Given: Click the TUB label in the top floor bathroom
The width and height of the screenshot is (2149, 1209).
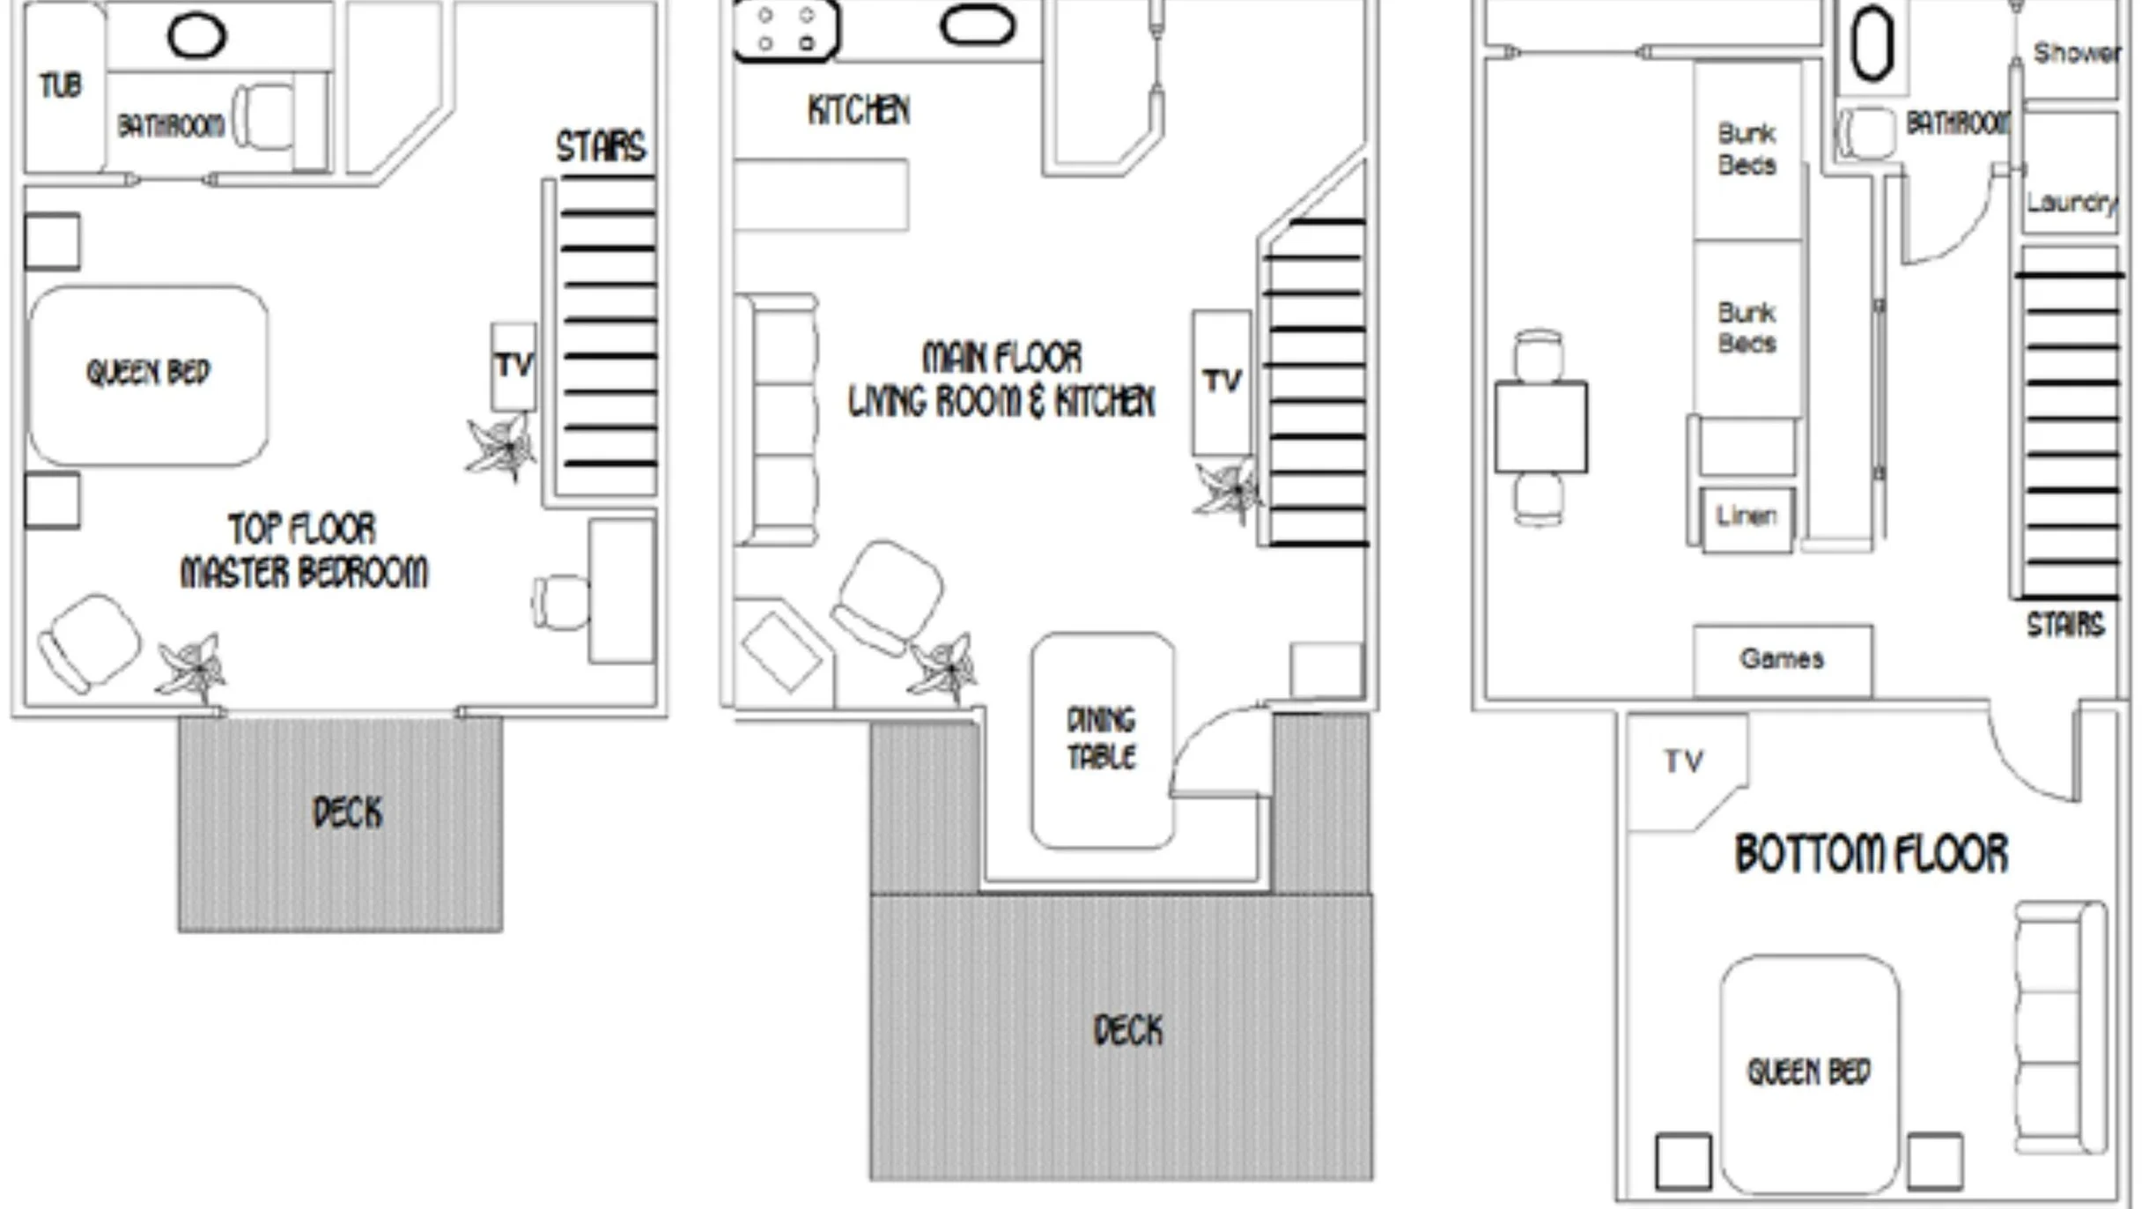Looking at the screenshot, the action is (61, 85).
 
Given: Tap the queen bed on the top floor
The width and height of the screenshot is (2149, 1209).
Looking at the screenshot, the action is (149, 375).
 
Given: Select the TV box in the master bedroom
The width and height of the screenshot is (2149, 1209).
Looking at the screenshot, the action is (513, 367).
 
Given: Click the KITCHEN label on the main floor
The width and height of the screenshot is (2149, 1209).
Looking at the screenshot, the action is (859, 110).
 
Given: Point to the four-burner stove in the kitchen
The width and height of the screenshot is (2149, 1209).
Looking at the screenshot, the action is (786, 30).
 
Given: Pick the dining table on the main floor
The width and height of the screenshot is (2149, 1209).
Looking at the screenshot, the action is (1102, 740).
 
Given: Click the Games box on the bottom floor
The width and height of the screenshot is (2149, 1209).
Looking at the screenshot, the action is (1783, 660).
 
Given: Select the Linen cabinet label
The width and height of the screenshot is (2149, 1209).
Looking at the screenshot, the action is (1746, 516).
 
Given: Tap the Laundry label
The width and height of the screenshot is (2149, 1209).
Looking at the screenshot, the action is (2071, 204).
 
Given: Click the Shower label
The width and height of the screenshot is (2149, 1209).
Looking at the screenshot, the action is (2077, 53).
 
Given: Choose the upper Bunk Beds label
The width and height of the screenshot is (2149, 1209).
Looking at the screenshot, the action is (1747, 149).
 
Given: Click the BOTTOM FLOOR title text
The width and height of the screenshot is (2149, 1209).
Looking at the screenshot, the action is (1872, 854).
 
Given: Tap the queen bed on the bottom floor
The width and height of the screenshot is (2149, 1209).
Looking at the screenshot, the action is (1809, 1073).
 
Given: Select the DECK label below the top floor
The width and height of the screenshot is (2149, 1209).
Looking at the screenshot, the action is (348, 812).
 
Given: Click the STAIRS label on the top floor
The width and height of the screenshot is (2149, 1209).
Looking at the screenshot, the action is (601, 146).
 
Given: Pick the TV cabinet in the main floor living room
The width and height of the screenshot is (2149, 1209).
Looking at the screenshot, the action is (1222, 382).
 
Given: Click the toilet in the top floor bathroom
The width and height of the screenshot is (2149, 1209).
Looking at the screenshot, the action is (263, 118).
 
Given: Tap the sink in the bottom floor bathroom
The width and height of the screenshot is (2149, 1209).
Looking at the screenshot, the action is (1872, 43).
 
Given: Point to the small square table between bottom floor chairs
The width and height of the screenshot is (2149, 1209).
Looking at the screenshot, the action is (1541, 427).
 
